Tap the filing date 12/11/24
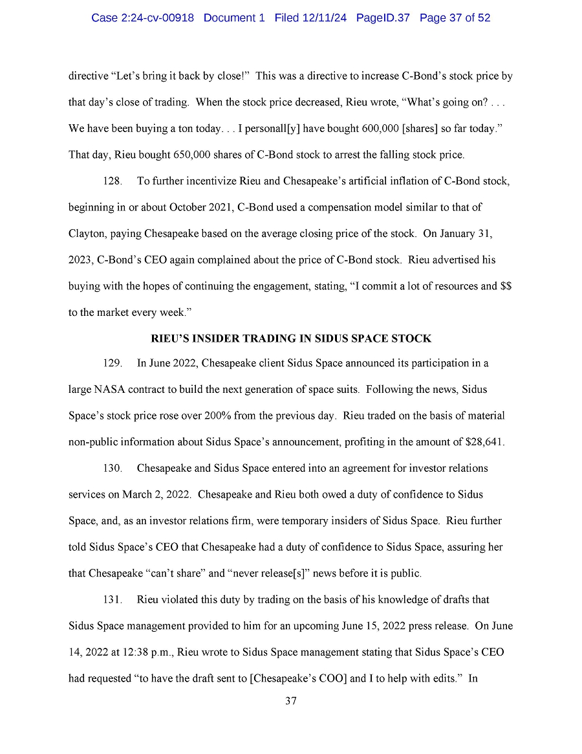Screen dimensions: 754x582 coord(323,18)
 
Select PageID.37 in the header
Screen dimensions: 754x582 coord(383,18)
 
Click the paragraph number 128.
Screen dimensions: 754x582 coord(113,181)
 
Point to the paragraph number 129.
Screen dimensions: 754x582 coord(113,363)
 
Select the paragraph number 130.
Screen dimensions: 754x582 coord(113,468)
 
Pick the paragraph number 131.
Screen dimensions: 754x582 coord(113,599)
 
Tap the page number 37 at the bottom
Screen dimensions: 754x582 coord(290,701)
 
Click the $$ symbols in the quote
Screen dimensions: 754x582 coord(506,285)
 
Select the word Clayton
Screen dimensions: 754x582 coord(87,233)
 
